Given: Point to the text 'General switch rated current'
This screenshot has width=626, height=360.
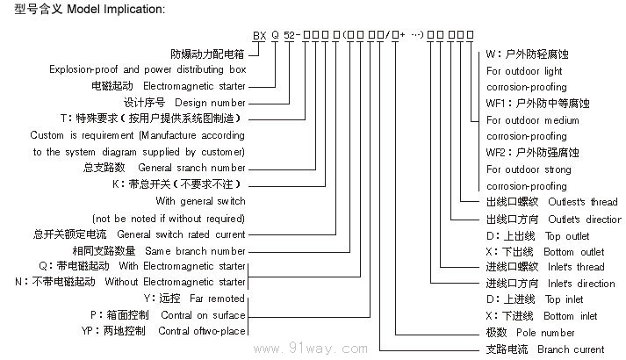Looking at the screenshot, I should coord(181,234).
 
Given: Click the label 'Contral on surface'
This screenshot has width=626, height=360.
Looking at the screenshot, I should coord(203,314).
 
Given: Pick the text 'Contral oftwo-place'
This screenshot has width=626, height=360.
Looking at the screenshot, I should coord(201,331).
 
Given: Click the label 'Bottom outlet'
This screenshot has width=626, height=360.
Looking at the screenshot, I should coord(575,252).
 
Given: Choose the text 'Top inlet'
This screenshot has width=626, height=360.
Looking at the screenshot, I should coord(563,300).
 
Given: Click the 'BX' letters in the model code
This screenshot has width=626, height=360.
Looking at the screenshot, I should coord(259,36).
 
